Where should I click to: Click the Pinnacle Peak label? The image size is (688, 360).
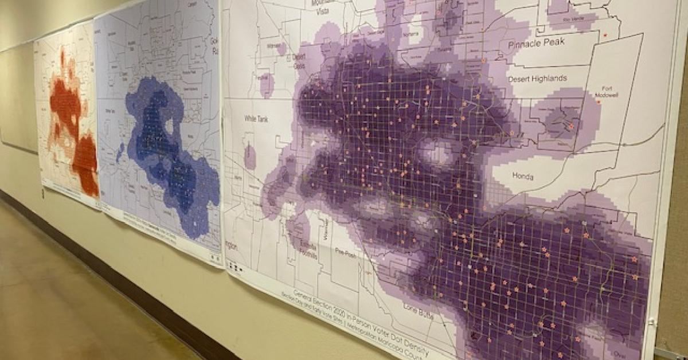pos(536,42)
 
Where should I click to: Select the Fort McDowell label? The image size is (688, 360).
pos(607,91)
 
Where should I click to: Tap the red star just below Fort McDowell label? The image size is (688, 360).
pos(599,101)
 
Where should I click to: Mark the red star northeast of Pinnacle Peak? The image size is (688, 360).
pos(604,36)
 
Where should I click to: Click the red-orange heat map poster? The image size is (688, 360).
pos(66,115)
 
